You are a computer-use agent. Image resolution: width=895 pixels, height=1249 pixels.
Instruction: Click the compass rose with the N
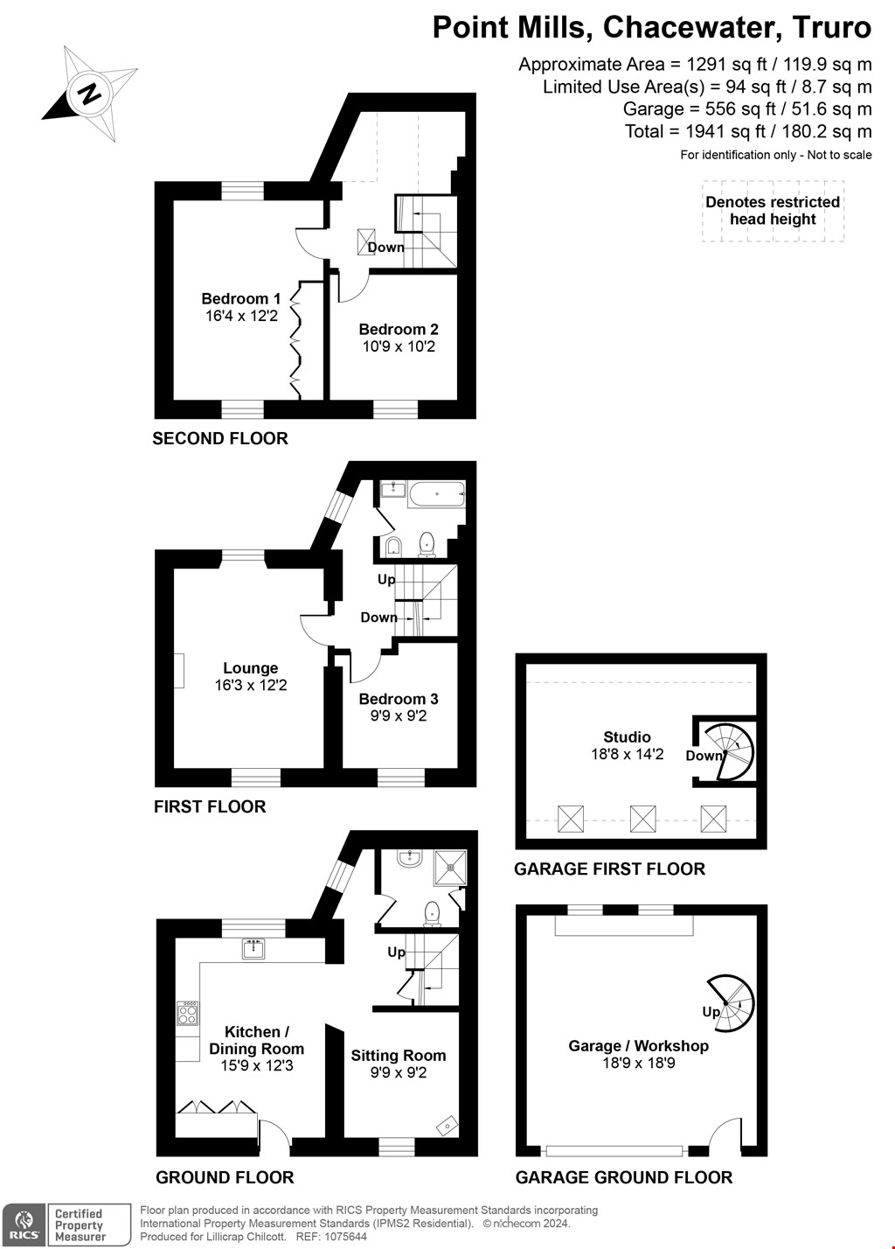point(89,93)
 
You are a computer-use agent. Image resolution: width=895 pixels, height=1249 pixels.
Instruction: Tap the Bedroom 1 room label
point(241,298)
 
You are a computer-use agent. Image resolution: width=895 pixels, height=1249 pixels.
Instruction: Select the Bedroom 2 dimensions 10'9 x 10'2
point(399,346)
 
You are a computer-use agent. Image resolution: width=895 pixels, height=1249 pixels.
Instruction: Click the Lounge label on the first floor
point(251,668)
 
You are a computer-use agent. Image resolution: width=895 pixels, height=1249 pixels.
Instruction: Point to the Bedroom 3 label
point(399,699)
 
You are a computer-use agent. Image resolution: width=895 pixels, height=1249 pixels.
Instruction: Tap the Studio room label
point(627,736)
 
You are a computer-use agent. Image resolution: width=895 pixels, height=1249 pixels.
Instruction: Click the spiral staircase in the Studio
point(731,750)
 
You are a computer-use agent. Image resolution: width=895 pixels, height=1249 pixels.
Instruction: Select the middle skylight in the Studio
point(643,819)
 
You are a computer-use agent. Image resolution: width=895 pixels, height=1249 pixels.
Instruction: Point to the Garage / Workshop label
point(638,1046)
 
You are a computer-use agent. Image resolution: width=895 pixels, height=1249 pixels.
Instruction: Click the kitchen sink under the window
point(254,948)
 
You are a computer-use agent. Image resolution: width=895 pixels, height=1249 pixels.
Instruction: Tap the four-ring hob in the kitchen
point(188,1014)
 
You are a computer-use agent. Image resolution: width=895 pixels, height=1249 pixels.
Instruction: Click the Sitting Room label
point(399,1056)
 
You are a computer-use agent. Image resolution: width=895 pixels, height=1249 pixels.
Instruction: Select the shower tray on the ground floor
point(450,867)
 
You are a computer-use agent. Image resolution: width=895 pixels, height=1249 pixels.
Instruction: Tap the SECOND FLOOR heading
point(220,438)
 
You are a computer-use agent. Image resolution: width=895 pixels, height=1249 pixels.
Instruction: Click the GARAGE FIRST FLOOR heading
point(609,869)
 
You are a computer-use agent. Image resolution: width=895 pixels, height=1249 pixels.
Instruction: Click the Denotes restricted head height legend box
point(773,211)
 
